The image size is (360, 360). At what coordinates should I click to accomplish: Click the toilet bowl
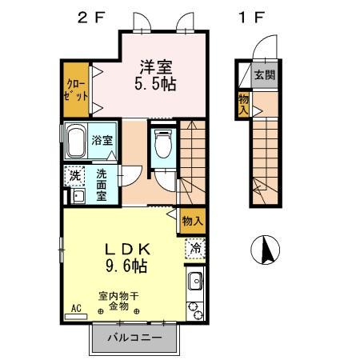pos(163,145)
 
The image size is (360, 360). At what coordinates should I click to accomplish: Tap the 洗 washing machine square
pos(74,174)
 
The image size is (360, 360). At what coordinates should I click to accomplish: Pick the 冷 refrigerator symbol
pos(194,248)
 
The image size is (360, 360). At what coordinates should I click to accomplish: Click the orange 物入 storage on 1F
pos(242,105)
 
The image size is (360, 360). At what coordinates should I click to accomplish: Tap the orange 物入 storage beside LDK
pos(191,219)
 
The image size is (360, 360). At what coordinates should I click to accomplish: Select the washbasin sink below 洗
pos(78,195)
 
